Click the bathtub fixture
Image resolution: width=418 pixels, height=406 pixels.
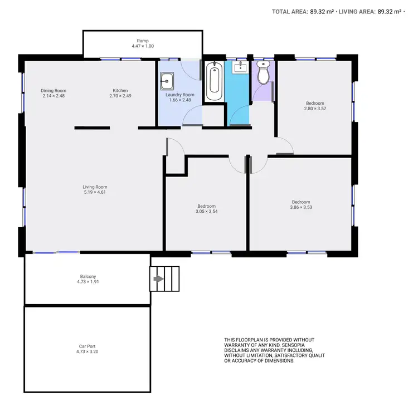point(214,82)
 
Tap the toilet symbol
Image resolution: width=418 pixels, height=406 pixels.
point(263,72)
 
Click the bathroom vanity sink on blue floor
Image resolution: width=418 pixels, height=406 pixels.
point(240,69)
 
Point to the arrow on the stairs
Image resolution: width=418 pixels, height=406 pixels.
point(158,278)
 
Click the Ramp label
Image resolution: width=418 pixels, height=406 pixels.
point(142,41)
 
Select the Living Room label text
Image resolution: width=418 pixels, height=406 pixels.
point(95,187)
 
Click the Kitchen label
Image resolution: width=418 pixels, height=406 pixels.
point(120,91)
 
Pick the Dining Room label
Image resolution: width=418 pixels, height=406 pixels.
point(54,91)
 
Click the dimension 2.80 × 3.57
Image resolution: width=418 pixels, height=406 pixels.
point(315,109)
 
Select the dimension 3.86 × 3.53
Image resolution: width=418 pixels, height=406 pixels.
point(301,208)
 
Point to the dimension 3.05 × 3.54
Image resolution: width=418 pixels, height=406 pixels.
point(206,212)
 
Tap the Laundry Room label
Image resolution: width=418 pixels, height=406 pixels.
point(180,95)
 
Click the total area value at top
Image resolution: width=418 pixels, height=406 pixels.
point(322,11)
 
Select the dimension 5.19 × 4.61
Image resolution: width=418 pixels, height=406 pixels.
point(95,193)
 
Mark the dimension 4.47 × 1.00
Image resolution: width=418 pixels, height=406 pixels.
point(142,46)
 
